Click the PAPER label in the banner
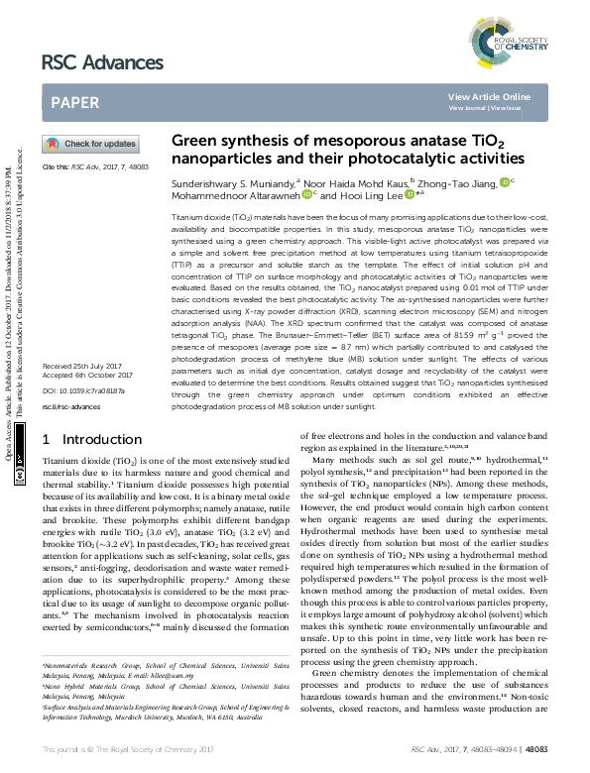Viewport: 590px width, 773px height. pyautogui.click(x=73, y=101)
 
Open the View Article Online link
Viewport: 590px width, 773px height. pyautogui.click(x=489, y=96)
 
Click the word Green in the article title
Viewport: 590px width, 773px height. pyautogui.click(x=195, y=142)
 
